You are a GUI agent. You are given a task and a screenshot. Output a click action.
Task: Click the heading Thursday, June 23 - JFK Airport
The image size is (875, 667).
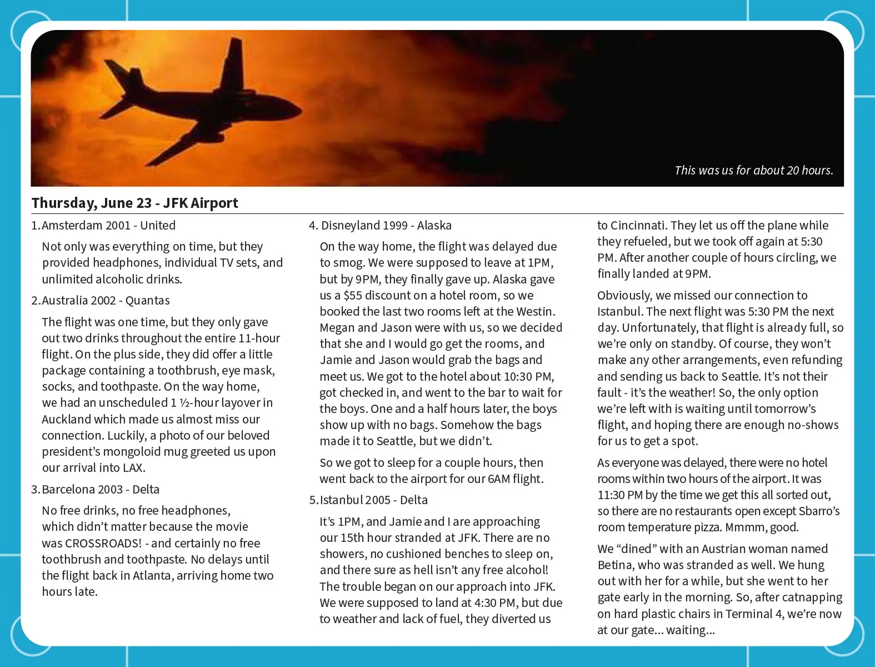135,203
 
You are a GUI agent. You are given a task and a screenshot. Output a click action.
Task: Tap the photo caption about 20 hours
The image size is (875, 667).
753,171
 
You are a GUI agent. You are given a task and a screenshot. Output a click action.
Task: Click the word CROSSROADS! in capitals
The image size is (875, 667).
103,543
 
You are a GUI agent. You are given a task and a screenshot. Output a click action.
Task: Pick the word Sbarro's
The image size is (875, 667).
819,511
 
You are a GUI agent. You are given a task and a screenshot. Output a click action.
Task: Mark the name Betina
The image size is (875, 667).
615,565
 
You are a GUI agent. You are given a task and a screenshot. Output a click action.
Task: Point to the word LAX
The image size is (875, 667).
134,467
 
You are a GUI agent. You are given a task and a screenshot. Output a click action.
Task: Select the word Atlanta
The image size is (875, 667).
155,575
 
